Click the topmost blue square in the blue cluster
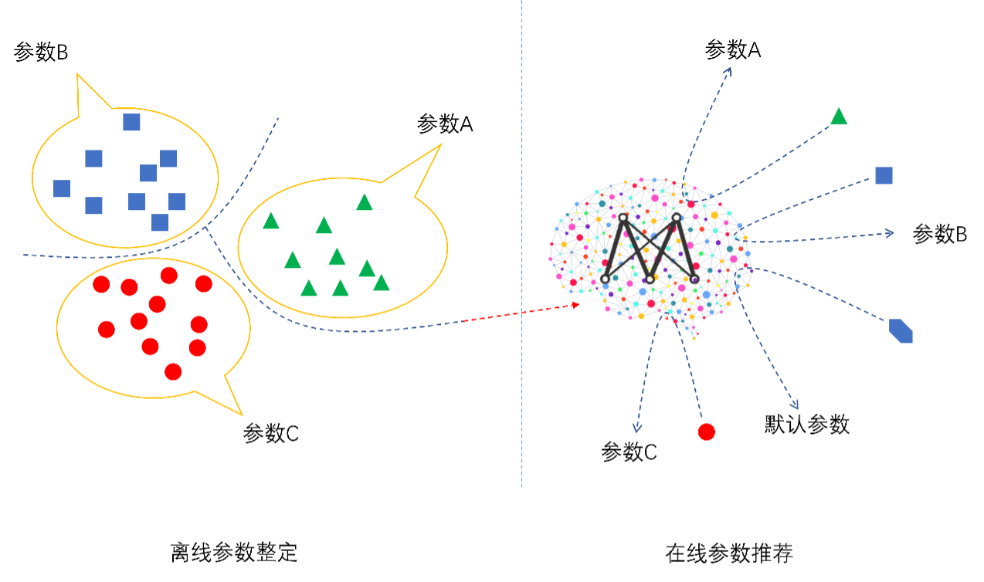132,122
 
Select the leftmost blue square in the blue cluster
62,188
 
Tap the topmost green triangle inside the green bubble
365,202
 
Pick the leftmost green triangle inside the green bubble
271,221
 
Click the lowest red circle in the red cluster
173,372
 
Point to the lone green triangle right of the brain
839,117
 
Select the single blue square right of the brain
884,176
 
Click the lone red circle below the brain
707,432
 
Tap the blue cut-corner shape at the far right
901,331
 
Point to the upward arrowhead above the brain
728,71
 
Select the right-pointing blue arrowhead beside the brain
891,233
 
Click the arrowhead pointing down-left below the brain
637,428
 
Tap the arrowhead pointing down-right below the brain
795,405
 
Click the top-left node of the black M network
623,218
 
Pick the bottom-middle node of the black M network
650,279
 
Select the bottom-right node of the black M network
694,279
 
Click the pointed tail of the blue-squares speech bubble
79,77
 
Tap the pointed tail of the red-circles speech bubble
241,413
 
